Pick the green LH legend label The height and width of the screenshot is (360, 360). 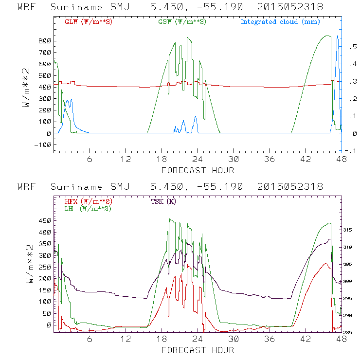point(87,208)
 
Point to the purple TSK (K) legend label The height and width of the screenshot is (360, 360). point(163,201)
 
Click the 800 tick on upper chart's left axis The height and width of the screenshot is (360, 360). point(44,41)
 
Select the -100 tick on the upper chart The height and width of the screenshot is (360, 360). point(43,144)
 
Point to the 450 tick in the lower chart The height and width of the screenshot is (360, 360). point(44,220)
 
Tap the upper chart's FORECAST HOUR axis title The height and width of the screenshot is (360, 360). point(198,170)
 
